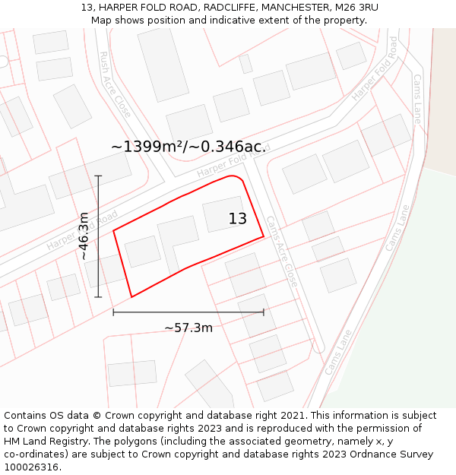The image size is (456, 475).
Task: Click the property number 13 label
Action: pos(238,219)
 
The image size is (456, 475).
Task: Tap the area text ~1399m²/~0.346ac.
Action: pos(188,147)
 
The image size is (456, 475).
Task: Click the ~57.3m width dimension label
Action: pos(188,328)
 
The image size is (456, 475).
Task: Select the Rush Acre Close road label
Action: pos(116,84)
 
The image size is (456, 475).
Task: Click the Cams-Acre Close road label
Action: pos(281,252)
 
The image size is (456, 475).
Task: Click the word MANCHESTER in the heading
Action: pos(293,7)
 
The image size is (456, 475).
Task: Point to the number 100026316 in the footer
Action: pos(32,467)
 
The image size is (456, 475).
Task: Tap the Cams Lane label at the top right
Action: pos(416,99)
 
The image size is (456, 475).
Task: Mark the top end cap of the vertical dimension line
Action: pos(98,176)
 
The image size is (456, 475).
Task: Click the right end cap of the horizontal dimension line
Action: pos(264,312)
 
